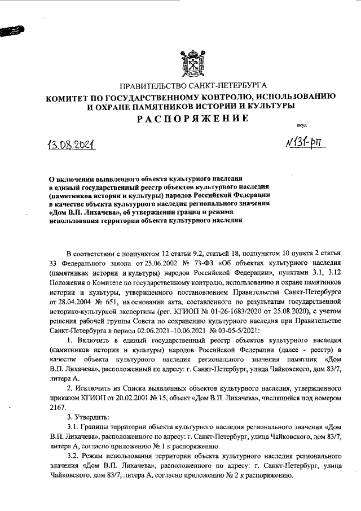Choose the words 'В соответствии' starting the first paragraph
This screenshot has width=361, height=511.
click(x=93, y=252)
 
